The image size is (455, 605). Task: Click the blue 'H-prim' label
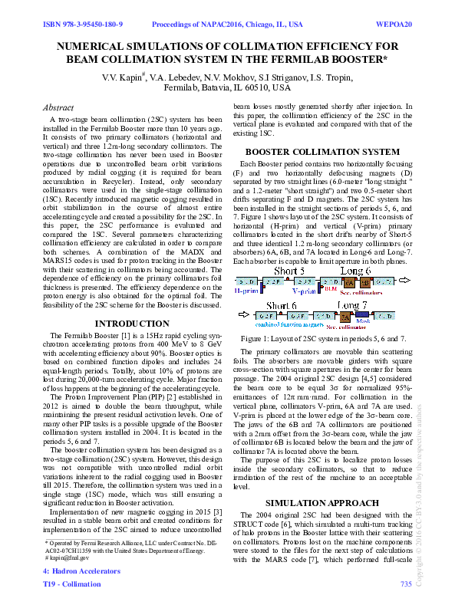(x=246, y=292)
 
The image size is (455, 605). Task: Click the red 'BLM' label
(x=331, y=291)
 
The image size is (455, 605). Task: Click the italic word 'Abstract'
(x=59, y=108)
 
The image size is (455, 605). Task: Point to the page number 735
(x=406, y=584)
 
